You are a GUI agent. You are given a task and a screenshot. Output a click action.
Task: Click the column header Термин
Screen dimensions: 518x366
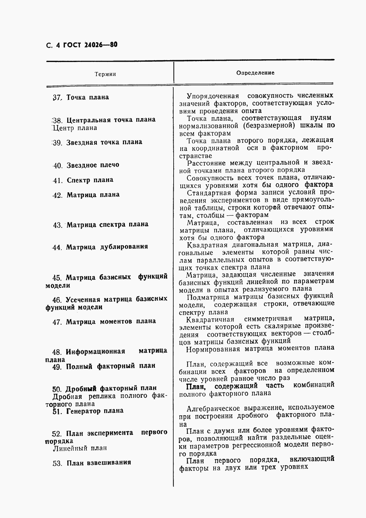coord(105,74)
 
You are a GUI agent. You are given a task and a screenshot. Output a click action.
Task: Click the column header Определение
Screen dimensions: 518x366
coord(255,73)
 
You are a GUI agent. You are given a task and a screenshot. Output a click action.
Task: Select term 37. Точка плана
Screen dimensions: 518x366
coord(81,97)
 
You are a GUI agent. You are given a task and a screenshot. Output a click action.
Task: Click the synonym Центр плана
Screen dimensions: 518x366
coord(75,128)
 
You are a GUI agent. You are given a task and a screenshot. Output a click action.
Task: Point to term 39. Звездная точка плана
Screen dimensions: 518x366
coord(97,143)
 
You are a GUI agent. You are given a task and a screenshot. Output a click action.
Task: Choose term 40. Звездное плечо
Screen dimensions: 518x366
coord(86,165)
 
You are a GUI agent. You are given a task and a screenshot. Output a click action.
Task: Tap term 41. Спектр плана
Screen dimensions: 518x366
coord(83,180)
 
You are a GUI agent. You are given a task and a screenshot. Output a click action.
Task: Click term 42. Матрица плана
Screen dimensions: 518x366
coord(86,195)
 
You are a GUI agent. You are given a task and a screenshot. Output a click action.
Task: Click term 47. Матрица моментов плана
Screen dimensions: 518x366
coord(104,322)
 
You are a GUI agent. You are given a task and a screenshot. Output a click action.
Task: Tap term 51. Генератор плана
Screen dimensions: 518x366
coord(88,411)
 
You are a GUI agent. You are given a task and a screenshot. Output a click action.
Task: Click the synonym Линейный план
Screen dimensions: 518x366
coord(80,448)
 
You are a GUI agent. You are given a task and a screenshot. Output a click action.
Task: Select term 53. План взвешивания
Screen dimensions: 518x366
coord(92,463)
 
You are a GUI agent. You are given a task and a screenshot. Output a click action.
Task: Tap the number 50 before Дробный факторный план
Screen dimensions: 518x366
coord(57,389)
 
